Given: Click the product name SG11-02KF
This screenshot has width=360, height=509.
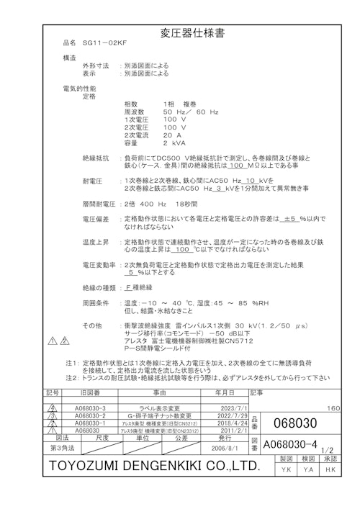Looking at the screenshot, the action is [x=106, y=43].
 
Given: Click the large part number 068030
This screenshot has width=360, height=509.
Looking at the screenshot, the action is [x=296, y=421].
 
